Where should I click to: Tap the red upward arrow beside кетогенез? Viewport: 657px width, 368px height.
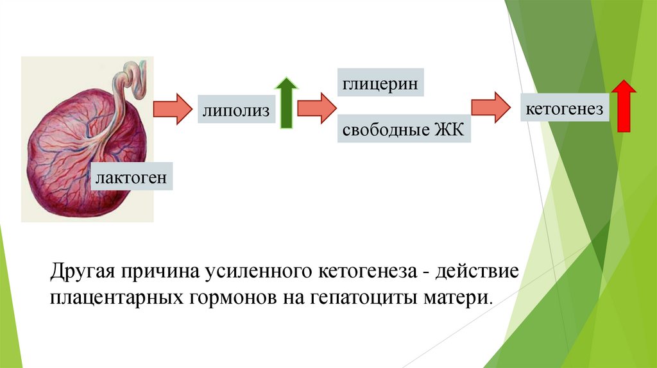click(x=622, y=106)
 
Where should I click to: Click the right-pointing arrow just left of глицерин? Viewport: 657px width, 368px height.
click(x=317, y=106)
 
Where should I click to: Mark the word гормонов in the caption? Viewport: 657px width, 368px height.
click(x=228, y=298)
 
